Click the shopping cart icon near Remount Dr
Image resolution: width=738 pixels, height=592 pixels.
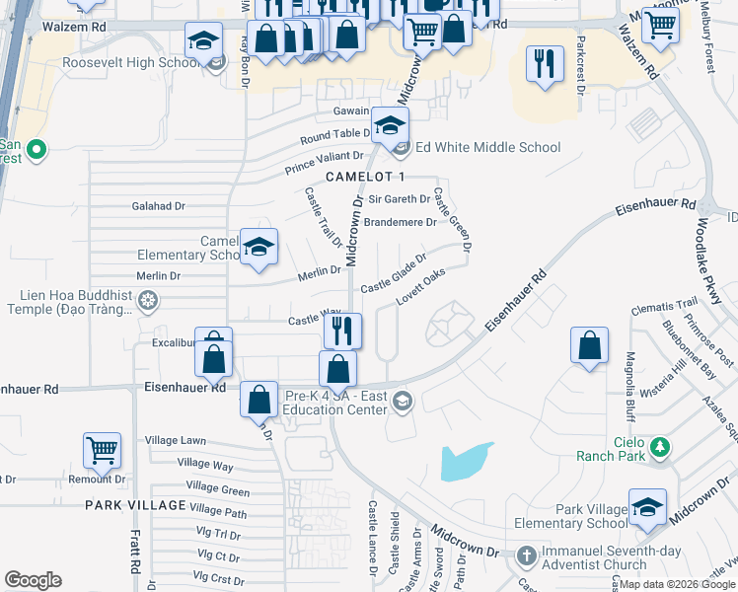(102, 450)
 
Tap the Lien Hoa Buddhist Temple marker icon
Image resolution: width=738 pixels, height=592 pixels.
(148, 301)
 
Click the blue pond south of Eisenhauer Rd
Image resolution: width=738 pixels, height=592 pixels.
(466, 461)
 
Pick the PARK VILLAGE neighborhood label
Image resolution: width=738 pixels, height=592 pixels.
(135, 505)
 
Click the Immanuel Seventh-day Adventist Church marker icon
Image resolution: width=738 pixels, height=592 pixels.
(525, 557)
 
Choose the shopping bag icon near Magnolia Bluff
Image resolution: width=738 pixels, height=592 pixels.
(589, 346)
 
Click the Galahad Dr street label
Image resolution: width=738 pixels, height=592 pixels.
(159, 206)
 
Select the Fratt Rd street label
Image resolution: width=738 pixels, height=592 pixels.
(134, 554)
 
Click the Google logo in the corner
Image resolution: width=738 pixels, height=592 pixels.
(33, 580)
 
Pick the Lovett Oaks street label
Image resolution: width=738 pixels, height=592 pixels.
(421, 284)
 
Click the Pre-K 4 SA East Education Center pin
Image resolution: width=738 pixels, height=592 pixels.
(402, 401)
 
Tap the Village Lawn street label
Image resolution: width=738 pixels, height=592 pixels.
(176, 440)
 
